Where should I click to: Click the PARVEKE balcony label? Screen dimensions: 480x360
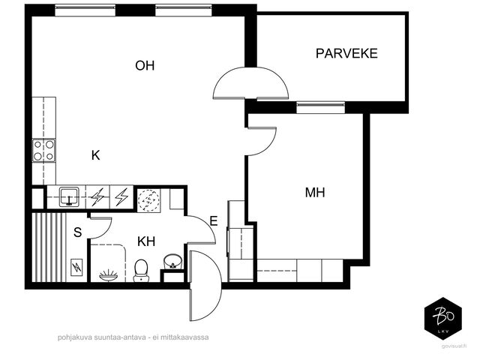tap(346, 53)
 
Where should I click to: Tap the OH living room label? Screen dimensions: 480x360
tap(145, 65)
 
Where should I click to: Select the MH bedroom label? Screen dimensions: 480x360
tap(315, 193)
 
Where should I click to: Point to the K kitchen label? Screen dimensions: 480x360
tap(95, 155)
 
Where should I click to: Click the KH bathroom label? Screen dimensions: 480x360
tap(146, 241)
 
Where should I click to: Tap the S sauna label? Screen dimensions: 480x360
tap(78, 232)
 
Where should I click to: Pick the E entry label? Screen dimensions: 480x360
tap(214, 220)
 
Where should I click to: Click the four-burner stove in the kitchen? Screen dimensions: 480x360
tap(43, 150)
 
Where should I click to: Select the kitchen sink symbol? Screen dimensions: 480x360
tap(70, 196)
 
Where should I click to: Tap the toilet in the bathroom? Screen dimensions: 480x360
tap(141, 270)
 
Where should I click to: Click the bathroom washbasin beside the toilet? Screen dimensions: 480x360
tap(173, 262)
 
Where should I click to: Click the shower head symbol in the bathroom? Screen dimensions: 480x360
tap(108, 275)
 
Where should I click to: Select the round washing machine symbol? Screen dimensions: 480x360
tap(148, 199)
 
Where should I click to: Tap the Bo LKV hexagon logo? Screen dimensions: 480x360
tap(443, 319)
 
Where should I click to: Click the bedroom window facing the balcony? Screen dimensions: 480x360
tap(320, 107)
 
